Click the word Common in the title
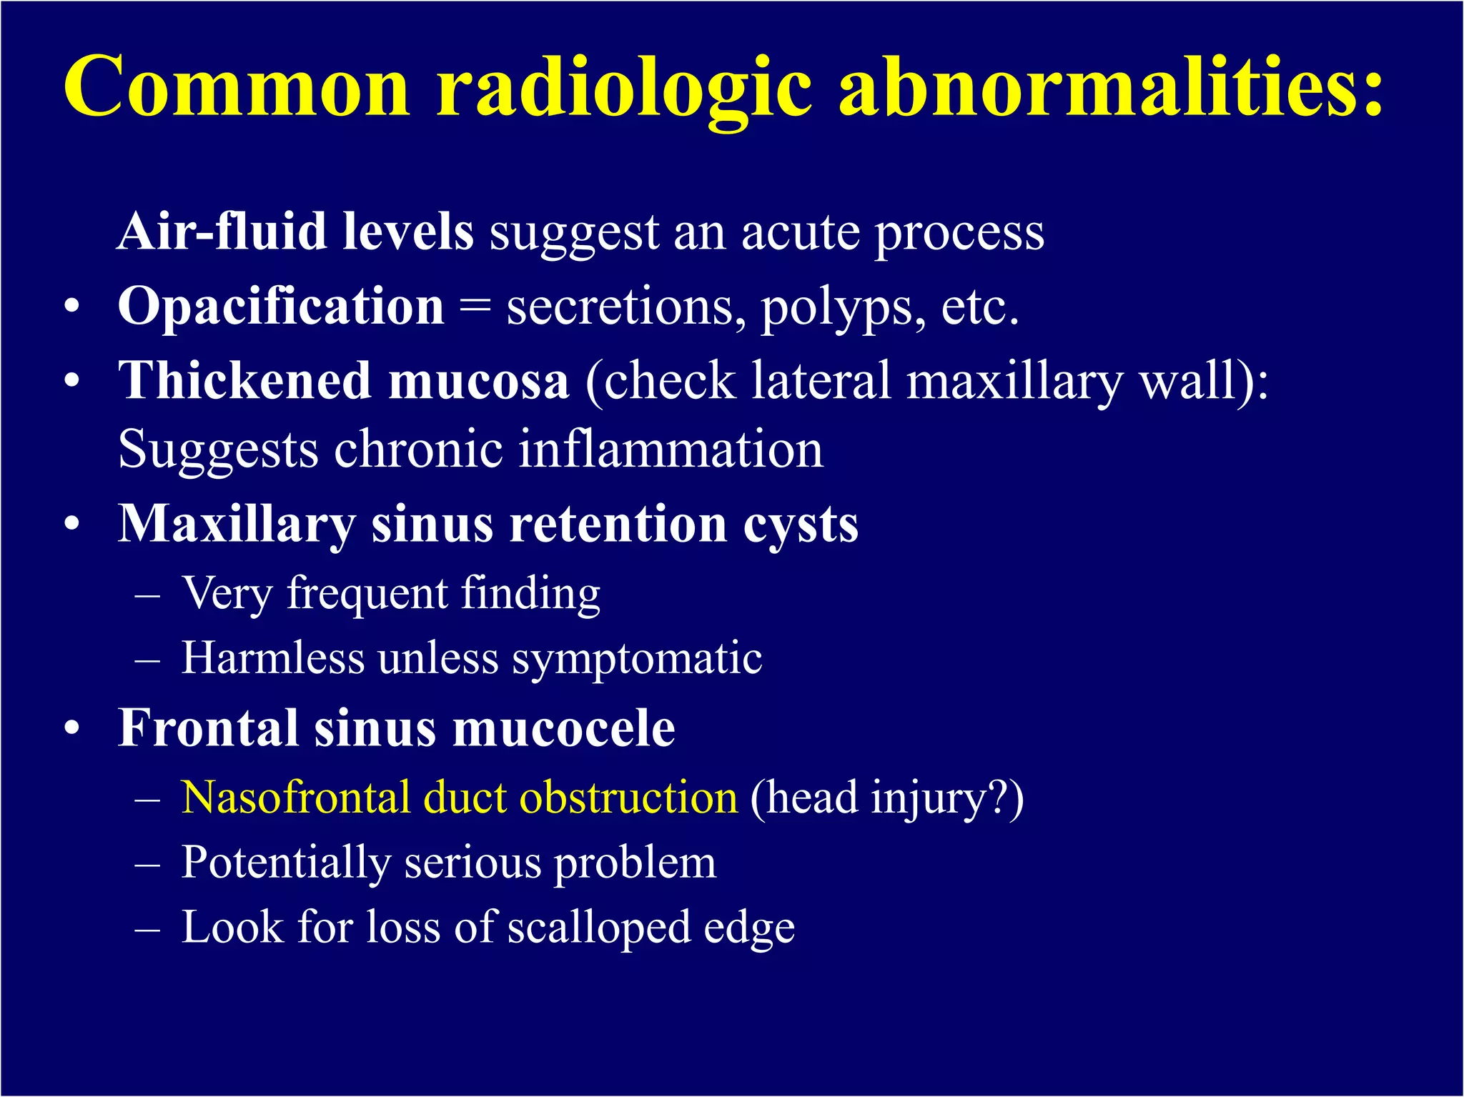pyautogui.click(x=236, y=87)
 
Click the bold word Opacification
pyautogui.click(x=281, y=307)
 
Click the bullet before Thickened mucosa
pyautogui.click(x=71, y=382)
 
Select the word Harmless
pyautogui.click(x=272, y=657)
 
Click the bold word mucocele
pyautogui.click(x=564, y=728)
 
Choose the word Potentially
pyautogui.click(x=285, y=863)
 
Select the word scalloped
pyautogui.click(x=599, y=928)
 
